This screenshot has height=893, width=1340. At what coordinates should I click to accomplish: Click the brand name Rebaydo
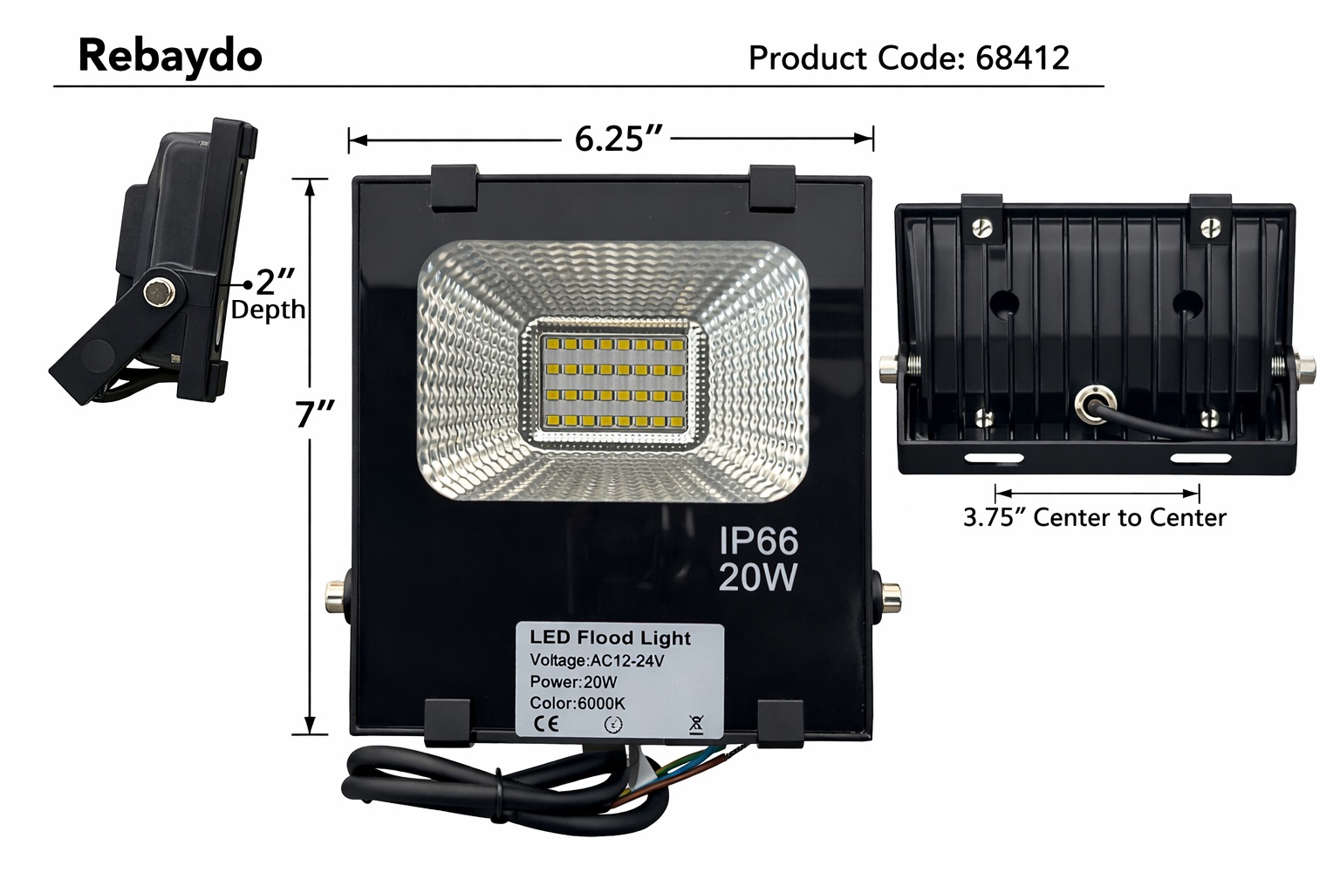coord(170,56)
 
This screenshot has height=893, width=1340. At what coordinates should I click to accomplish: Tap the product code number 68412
coord(1022,58)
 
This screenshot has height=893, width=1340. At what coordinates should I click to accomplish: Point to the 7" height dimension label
coord(308,413)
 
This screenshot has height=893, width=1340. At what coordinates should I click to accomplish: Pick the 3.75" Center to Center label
coord(1094,518)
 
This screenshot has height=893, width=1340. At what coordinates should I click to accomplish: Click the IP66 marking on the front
coord(757,542)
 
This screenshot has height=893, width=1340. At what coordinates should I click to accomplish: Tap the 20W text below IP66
coord(757,576)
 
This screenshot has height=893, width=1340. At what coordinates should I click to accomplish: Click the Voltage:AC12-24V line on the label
coord(598,660)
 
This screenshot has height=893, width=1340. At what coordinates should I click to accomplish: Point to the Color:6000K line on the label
coord(577,703)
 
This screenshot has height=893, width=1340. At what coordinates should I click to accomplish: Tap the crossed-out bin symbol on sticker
coord(695,723)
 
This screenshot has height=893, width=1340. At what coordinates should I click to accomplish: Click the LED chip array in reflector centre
coord(611,384)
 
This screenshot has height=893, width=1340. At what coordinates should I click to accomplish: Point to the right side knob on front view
coord(889,598)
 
